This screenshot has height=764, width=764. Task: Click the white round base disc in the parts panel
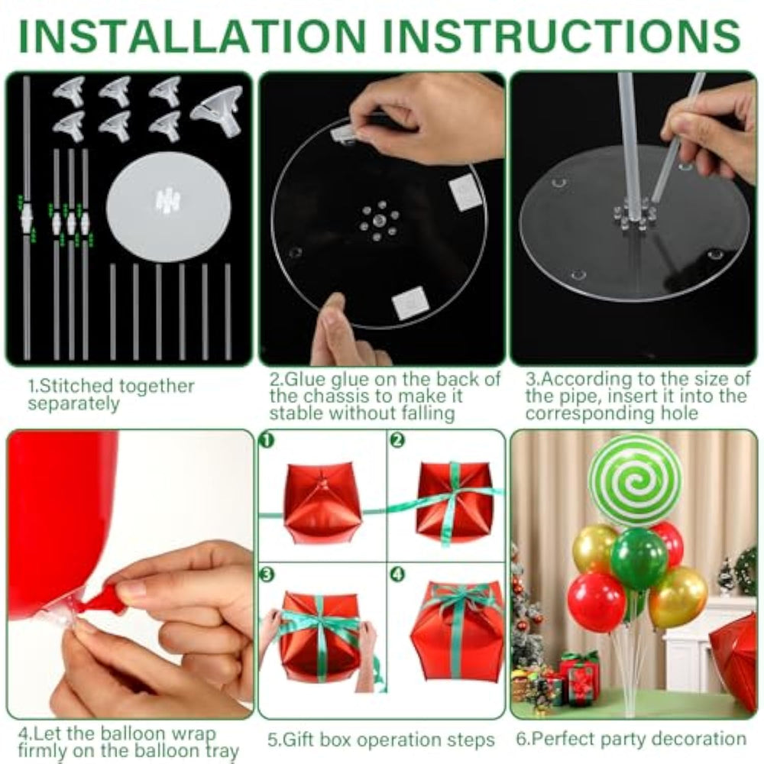tap(168, 206)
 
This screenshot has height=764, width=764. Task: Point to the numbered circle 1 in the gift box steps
tap(267, 440)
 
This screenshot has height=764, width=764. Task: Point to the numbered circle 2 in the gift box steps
tap(397, 440)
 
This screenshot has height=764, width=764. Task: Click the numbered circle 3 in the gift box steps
tap(267, 575)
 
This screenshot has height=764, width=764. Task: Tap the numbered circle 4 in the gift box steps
tap(397, 575)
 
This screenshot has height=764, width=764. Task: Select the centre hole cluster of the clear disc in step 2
tap(379, 221)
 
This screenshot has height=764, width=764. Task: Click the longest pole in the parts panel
tap(26, 218)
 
